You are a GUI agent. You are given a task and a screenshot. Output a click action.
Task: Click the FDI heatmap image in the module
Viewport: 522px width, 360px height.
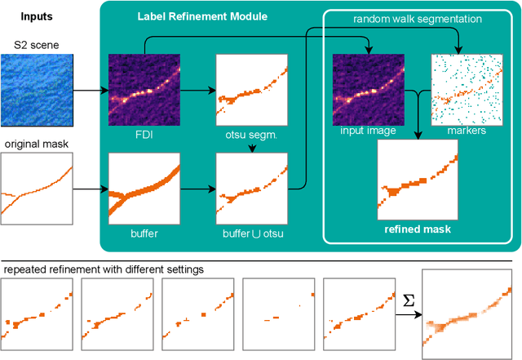(144, 88)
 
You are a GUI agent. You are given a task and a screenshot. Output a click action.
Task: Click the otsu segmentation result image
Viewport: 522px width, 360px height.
(250, 88)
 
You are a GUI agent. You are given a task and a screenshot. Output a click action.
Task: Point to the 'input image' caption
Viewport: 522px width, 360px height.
(368, 130)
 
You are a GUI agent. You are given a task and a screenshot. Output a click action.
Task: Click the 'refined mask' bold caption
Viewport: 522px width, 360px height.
(418, 229)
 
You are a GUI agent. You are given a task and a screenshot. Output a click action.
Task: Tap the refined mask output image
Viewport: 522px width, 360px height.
(418, 180)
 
